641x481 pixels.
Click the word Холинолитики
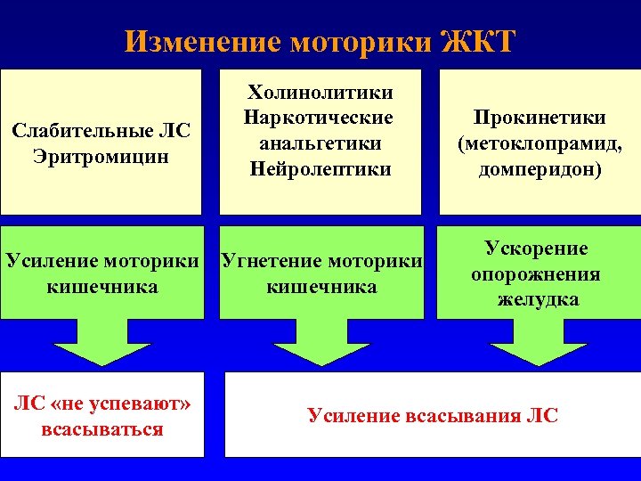tap(320, 92)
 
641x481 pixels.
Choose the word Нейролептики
tap(320, 168)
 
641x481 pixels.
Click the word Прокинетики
tap(540, 118)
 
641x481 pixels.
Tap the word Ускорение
tap(536, 249)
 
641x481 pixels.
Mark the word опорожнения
tap(536, 273)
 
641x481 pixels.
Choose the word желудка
tap(538, 299)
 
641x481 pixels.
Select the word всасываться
tap(101, 429)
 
